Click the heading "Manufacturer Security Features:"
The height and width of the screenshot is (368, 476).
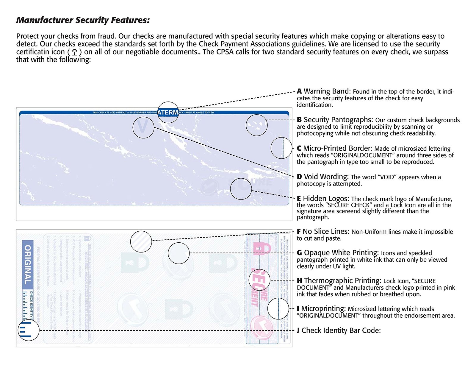click(83, 20)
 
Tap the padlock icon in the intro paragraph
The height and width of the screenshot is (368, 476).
click(75, 52)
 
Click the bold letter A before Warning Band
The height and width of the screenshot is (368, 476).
click(299, 91)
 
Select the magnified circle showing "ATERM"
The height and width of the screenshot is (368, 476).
click(168, 113)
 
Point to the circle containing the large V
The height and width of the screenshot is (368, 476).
click(143, 127)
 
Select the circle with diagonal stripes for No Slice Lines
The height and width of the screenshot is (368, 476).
click(141, 241)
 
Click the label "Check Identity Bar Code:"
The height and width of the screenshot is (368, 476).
click(341, 330)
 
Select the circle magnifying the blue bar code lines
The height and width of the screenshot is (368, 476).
click(29, 330)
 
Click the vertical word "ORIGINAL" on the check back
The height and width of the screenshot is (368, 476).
click(28, 265)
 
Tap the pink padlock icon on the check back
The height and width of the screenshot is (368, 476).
click(261, 249)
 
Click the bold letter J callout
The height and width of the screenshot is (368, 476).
click(298, 330)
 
